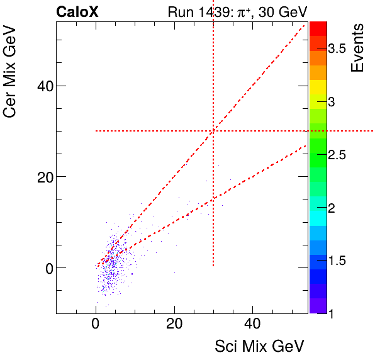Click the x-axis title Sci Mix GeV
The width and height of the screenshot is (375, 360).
pyautogui.click(x=260, y=346)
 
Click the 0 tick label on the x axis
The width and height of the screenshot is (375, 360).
pyautogui.click(x=96, y=325)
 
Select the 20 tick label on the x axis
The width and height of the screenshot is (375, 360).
pyautogui.click(x=174, y=325)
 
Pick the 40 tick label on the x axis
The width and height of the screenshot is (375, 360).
pyautogui.click(x=252, y=325)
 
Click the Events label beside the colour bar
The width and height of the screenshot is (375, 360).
pyautogui.click(x=357, y=48)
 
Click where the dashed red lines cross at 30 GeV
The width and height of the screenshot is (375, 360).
pyautogui.click(x=213, y=131)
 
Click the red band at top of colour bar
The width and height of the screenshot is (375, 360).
pyautogui.click(x=317, y=28)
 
